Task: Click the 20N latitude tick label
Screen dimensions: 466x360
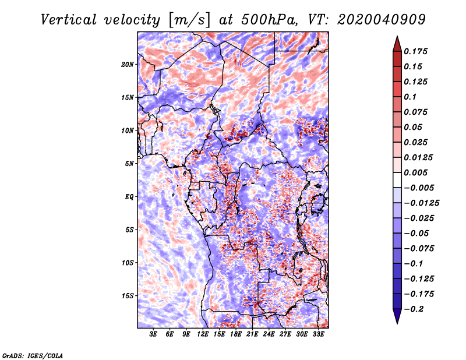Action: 127,65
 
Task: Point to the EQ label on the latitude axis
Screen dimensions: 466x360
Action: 129,197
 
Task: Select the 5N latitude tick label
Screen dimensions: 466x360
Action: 129,164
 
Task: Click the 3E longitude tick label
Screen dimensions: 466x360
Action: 153,334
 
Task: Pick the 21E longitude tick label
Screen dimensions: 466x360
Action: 252,334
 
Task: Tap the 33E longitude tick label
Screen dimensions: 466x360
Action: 318,334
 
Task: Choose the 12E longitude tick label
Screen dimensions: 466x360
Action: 202,334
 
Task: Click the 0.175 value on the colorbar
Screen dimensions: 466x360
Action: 415,51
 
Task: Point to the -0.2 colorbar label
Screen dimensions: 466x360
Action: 414,309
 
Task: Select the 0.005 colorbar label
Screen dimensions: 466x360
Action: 415,172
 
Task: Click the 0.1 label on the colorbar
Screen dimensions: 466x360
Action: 410,97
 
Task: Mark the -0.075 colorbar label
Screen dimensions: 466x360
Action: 419,249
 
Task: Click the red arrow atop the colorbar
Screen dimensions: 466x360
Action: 397,44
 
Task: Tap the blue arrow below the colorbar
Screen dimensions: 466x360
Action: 397,316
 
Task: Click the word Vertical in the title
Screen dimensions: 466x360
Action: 69,20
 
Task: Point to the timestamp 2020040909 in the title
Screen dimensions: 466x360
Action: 382,20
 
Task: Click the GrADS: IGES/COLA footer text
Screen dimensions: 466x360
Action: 33,355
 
